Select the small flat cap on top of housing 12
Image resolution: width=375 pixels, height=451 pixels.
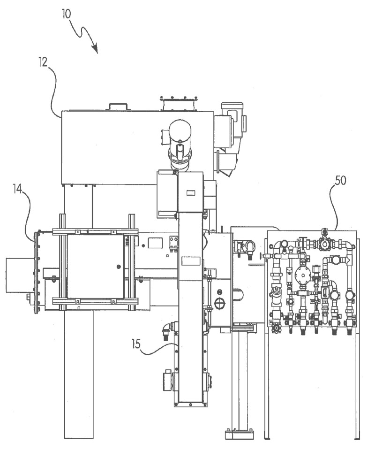point(119,107)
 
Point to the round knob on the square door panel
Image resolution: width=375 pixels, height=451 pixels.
point(118,267)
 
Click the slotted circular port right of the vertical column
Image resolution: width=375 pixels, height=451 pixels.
point(219,303)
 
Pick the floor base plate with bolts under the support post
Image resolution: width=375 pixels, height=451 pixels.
point(239,434)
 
